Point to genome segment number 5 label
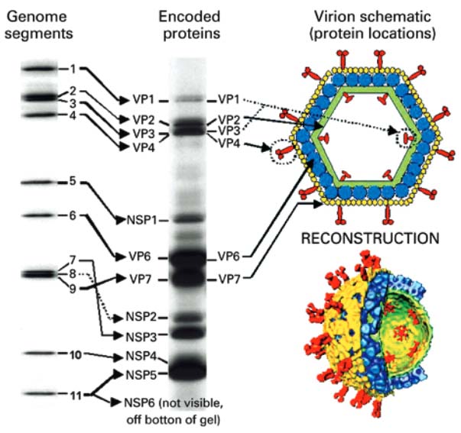pyautogui.click(x=71, y=182)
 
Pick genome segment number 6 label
pyautogui.click(x=71, y=215)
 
